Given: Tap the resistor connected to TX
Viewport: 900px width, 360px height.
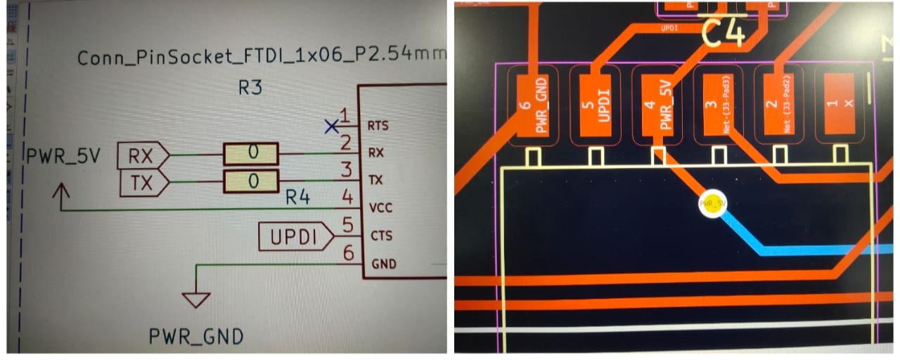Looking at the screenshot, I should (x=251, y=181).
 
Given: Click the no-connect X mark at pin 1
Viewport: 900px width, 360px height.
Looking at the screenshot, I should (x=331, y=127).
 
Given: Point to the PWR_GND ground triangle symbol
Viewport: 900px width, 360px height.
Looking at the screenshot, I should (x=195, y=300).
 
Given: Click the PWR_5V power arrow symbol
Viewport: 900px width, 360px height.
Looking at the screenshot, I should (x=62, y=195).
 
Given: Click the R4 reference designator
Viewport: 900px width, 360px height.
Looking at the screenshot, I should (x=297, y=198).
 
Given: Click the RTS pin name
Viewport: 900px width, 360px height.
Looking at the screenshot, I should (x=378, y=127).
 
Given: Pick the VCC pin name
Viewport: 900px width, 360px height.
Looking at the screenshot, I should (x=380, y=208).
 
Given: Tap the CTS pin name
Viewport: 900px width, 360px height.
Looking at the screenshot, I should (x=378, y=236).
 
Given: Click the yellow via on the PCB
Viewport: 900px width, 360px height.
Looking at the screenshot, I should (x=712, y=205).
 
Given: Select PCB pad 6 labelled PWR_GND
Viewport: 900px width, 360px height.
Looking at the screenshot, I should (x=535, y=105).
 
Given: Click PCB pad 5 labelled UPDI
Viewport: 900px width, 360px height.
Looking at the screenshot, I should (x=596, y=105).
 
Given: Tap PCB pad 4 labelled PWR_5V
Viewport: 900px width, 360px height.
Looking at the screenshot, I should (x=659, y=105).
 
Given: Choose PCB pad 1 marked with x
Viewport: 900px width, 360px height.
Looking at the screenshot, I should (x=840, y=105).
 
